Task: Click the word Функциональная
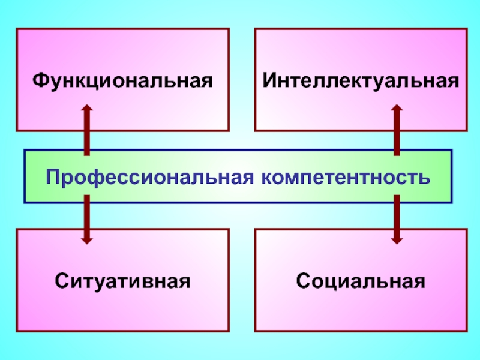tap(123, 80)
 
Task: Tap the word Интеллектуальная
tap(361, 80)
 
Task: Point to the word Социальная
tap(361, 281)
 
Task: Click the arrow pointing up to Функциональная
tap(87, 130)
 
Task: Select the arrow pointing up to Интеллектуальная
tap(396, 130)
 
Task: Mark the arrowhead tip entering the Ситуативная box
tap(87, 242)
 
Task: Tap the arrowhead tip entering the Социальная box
tap(396, 242)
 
